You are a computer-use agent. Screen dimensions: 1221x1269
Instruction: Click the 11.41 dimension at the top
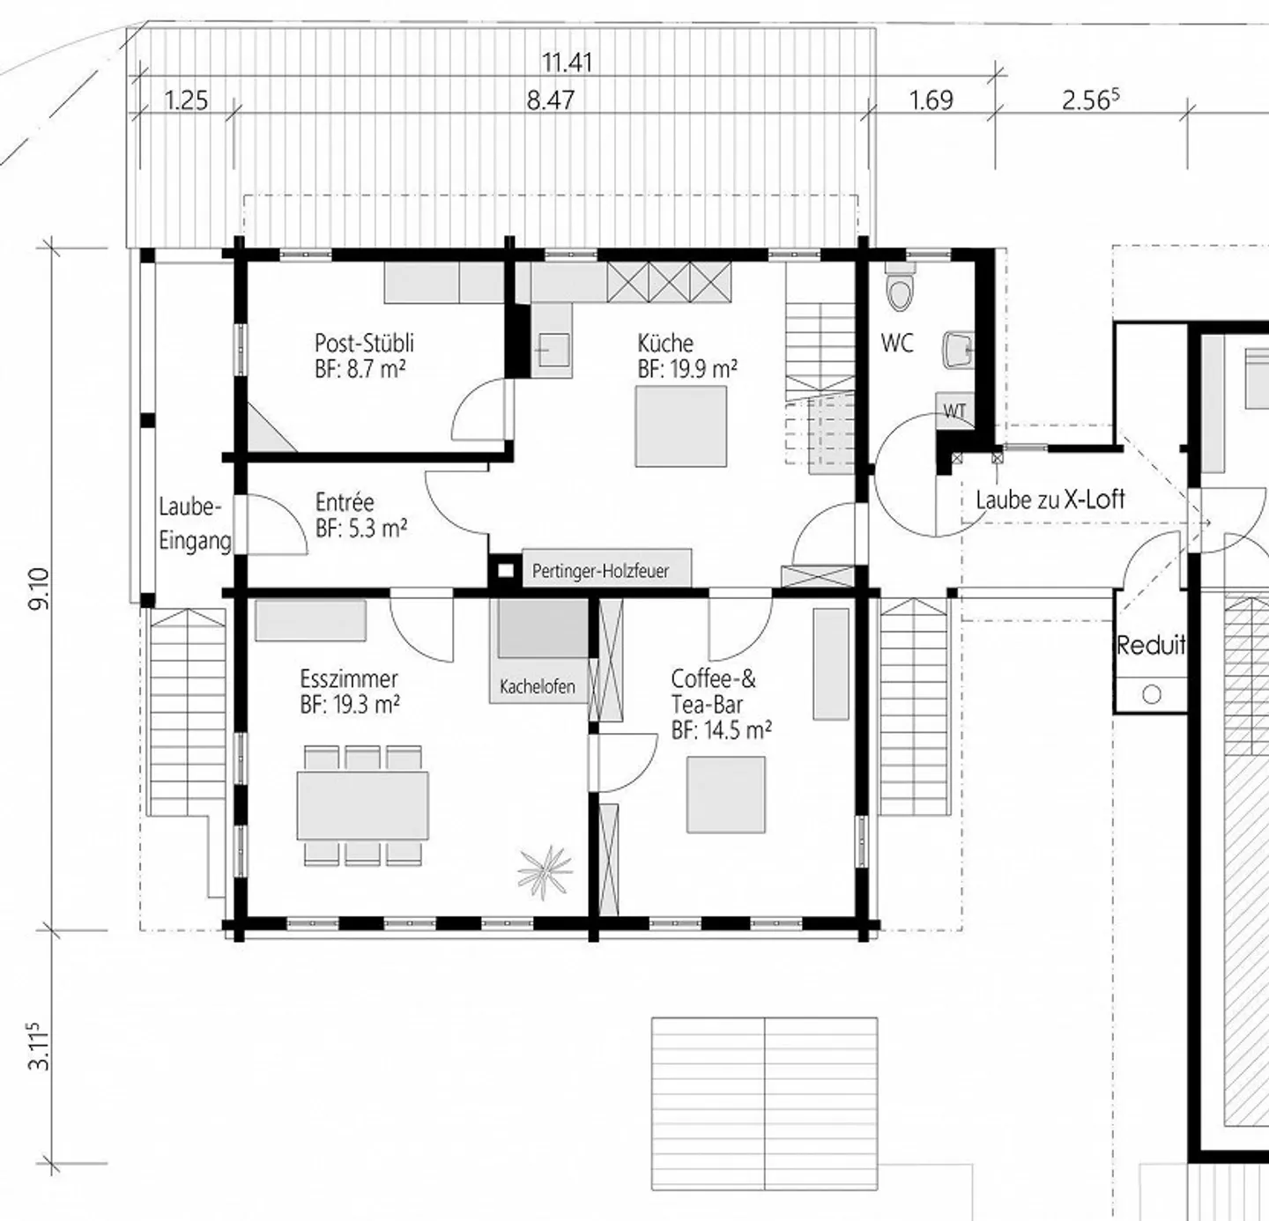click(567, 63)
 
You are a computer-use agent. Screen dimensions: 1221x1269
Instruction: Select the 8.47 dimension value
click(551, 100)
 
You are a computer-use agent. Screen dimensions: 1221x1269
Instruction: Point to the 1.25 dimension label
click(186, 100)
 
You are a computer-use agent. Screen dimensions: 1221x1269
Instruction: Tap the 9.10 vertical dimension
click(41, 588)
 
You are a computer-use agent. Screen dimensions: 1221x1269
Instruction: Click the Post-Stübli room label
click(364, 343)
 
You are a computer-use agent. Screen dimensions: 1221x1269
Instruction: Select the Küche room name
click(665, 343)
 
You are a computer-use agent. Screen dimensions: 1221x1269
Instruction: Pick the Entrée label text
click(345, 502)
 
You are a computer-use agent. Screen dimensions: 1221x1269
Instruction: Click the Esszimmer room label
click(349, 679)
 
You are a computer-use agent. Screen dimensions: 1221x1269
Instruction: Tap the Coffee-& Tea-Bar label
click(713, 692)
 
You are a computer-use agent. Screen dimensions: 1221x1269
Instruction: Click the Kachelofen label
click(538, 686)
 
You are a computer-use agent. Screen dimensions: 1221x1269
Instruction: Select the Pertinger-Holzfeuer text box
click(601, 571)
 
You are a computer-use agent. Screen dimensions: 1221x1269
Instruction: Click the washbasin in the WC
click(957, 350)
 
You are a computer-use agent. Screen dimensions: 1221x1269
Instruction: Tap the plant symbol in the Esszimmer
click(545, 870)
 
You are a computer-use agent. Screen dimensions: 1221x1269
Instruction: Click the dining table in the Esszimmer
click(363, 805)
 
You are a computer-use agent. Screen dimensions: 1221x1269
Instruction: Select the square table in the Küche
click(681, 426)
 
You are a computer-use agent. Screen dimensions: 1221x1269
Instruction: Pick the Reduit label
click(1150, 646)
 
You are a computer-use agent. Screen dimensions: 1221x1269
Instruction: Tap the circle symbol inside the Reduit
click(1151, 694)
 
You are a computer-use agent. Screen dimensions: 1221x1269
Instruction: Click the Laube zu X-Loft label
click(1050, 499)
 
